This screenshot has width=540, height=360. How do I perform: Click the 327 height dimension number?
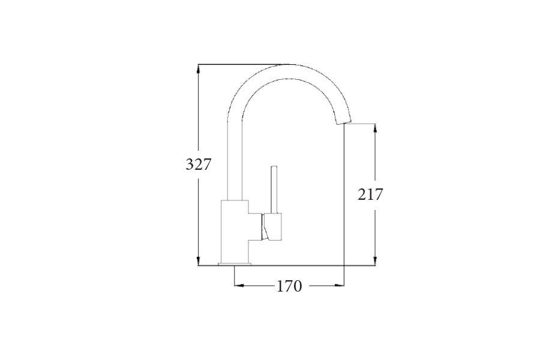pos(199,164)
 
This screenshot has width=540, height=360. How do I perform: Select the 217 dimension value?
pos(370,194)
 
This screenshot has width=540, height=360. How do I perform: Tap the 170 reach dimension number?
pos(289,286)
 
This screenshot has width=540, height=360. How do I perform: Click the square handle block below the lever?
pos(274,227)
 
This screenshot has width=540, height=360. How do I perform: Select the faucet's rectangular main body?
pos(235,230)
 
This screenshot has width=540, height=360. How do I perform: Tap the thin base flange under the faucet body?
pos(235,263)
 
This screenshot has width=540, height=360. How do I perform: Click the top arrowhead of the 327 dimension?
pos(199,68)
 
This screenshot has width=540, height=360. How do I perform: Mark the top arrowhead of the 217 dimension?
pos(376,128)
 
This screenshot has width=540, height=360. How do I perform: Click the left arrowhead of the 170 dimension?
pos(238,286)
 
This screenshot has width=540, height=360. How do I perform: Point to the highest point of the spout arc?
pos(290,64)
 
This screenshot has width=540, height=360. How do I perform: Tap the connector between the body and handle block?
pos(256,227)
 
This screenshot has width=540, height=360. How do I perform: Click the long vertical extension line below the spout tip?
pos(344,198)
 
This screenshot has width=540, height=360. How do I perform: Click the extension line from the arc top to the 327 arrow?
pos(240,64)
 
